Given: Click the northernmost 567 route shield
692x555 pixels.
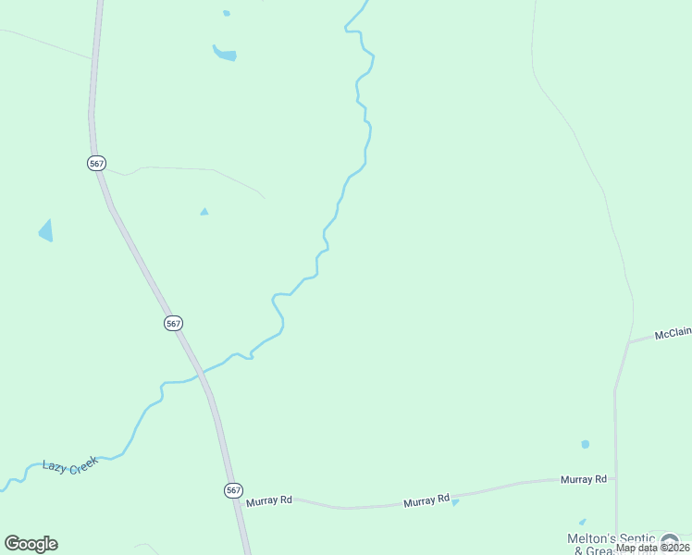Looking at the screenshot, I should pyautogui.click(x=96, y=163).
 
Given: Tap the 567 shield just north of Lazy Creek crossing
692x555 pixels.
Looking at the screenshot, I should pyautogui.click(x=174, y=323).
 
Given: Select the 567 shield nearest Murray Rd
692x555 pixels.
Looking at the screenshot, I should pyautogui.click(x=233, y=490).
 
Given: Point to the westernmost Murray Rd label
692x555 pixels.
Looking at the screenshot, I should pyautogui.click(x=269, y=500).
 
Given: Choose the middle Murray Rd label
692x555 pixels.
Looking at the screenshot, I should pyautogui.click(x=426, y=502).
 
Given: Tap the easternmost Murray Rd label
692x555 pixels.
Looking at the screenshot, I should pyautogui.click(x=584, y=479).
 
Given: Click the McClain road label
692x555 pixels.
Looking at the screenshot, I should pyautogui.click(x=673, y=334).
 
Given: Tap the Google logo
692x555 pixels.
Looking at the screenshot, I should pyautogui.click(x=31, y=544).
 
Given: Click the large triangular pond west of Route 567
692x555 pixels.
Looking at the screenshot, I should pyautogui.click(x=46, y=230).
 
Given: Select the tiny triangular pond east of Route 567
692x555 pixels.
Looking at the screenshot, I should pyautogui.click(x=204, y=212).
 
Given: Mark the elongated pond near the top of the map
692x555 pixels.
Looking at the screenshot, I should pyautogui.click(x=225, y=55).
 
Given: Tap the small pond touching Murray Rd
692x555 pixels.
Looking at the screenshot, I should pyautogui.click(x=455, y=502).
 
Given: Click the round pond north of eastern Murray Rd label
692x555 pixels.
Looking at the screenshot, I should pyautogui.click(x=585, y=445).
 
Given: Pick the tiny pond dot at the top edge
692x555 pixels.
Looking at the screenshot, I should pyautogui.click(x=227, y=13).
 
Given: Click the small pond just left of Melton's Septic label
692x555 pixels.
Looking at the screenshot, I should pyautogui.click(x=581, y=523).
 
